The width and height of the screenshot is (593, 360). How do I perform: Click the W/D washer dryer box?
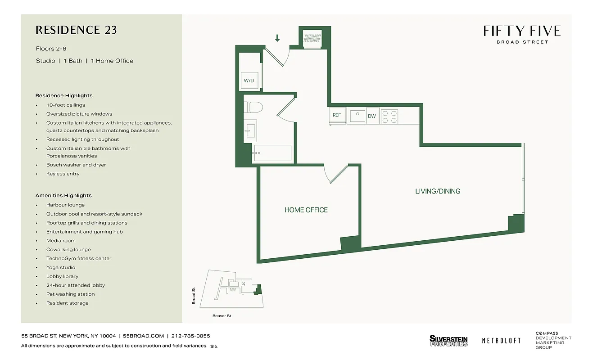[249, 81]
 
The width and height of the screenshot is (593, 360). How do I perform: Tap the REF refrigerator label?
[337, 115]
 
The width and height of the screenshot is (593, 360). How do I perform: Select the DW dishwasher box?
[371, 116]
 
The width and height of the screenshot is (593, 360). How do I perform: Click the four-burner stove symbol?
[389, 116]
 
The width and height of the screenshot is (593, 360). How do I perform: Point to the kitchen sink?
[358, 116]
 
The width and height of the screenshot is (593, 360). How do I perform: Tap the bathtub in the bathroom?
[272, 153]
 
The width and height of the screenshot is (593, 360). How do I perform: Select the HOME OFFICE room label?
[306, 210]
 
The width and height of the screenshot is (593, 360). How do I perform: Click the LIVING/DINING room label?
[438, 191]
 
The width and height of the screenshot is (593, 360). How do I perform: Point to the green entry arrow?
[277, 38]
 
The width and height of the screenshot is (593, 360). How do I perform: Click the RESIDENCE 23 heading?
[76, 30]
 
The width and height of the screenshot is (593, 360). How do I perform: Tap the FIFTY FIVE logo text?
[522, 31]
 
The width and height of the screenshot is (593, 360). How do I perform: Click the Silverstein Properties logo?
[448, 341]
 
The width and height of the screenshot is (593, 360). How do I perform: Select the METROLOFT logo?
[501, 341]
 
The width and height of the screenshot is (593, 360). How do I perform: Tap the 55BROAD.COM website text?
[143, 336]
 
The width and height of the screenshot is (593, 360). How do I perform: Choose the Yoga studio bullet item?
[61, 267]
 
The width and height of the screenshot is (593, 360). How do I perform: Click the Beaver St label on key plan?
[222, 316]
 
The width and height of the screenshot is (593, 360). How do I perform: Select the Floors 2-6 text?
[51, 49]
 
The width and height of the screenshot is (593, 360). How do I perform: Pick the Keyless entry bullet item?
[63, 174]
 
